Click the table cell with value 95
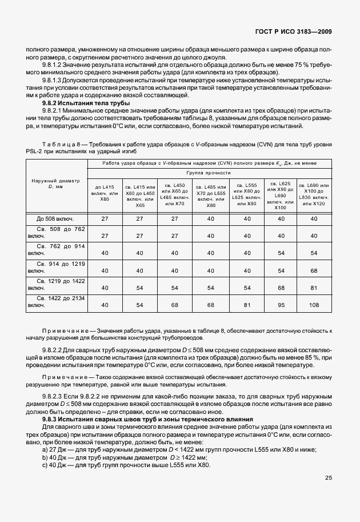pyautogui.click(x=280, y=305)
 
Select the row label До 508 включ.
pyautogui.click(x=55, y=219)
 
